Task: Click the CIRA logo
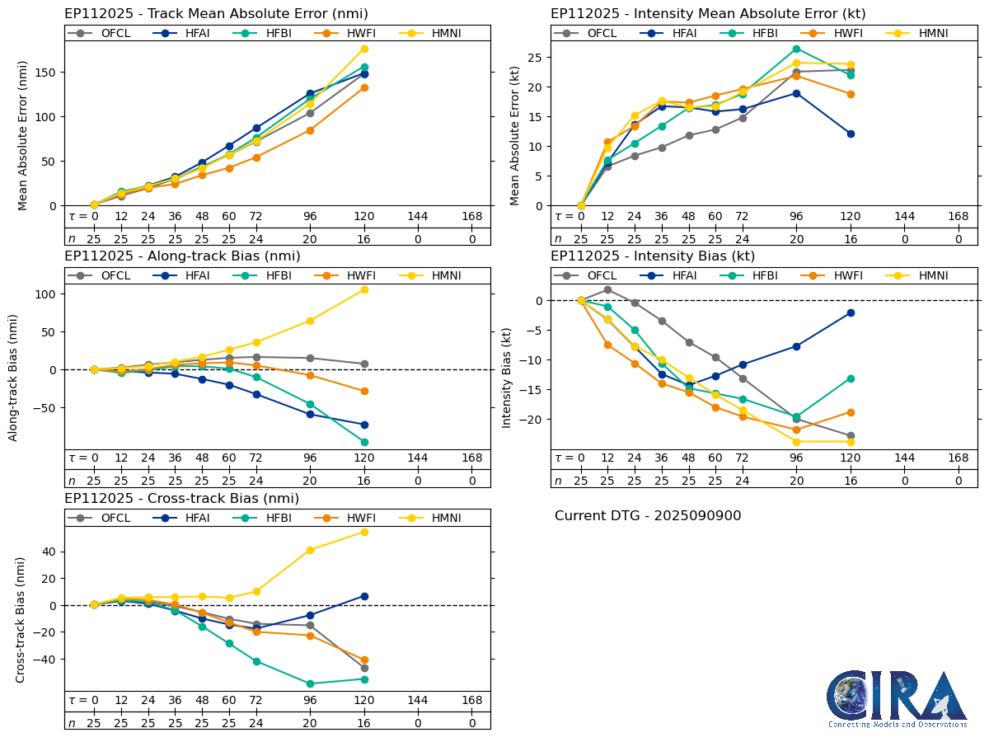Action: click(x=898, y=698)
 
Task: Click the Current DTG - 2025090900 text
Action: click(x=648, y=516)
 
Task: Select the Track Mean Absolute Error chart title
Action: click(x=216, y=13)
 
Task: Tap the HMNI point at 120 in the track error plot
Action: click(x=364, y=49)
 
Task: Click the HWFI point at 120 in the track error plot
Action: click(x=364, y=87)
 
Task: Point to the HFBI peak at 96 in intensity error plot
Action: click(x=796, y=49)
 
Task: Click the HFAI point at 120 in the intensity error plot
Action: click(x=851, y=134)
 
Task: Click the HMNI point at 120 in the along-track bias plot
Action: click(x=364, y=289)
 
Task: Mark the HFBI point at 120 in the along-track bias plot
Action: click(x=364, y=442)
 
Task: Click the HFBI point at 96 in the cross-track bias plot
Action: click(x=310, y=683)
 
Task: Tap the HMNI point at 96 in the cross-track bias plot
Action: click(x=310, y=550)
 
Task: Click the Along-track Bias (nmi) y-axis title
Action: click(x=13, y=377)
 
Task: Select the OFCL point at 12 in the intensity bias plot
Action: click(x=607, y=289)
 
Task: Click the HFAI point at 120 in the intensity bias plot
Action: click(x=851, y=312)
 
